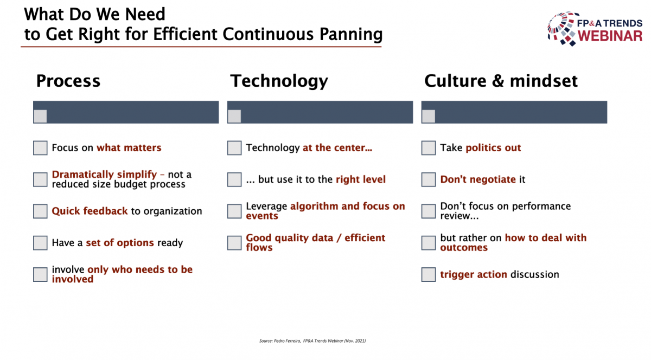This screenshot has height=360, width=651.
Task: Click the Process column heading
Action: (x=68, y=81)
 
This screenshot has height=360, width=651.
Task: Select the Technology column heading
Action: (x=279, y=81)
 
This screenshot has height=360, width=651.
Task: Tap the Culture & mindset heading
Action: (x=501, y=81)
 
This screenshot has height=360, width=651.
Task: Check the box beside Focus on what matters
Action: (x=40, y=148)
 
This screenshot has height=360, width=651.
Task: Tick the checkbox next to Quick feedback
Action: (x=40, y=211)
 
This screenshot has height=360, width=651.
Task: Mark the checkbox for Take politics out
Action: (x=429, y=148)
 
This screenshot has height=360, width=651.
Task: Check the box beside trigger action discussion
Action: (x=429, y=274)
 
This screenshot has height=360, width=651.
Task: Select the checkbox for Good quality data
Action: (x=234, y=243)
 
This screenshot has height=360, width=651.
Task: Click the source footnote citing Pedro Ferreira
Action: (x=312, y=341)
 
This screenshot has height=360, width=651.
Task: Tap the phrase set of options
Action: (x=120, y=242)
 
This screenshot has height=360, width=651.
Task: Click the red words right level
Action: (x=361, y=179)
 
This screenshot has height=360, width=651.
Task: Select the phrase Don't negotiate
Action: (x=478, y=179)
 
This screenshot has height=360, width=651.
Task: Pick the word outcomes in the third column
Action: (x=464, y=248)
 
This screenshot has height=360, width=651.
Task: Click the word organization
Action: (x=173, y=211)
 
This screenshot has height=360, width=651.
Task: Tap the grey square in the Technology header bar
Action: (x=234, y=116)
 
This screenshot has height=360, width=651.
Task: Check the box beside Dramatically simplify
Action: (x=40, y=179)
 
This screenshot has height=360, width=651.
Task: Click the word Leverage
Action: (x=266, y=207)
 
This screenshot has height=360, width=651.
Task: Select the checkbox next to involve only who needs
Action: (x=40, y=274)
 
